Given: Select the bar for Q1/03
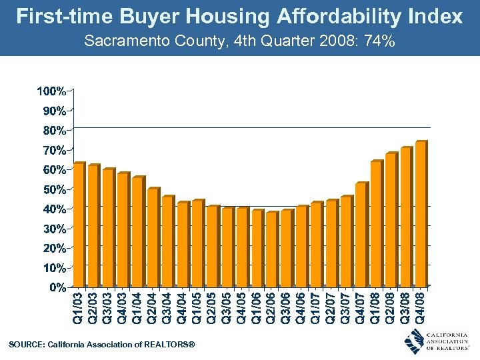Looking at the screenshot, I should [x=78, y=225].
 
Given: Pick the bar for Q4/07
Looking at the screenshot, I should [x=361, y=235].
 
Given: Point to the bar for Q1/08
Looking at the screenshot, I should [x=376, y=223].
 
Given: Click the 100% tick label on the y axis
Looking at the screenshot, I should [x=51, y=90].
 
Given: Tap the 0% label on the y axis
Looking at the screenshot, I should [x=57, y=287].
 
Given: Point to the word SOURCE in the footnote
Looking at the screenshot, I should [x=25, y=344].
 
